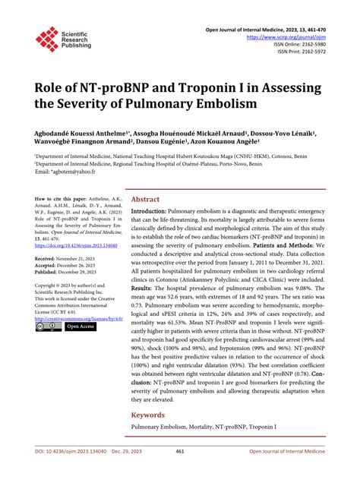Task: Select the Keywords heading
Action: click(149, 415)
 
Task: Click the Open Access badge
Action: click(79, 327)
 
